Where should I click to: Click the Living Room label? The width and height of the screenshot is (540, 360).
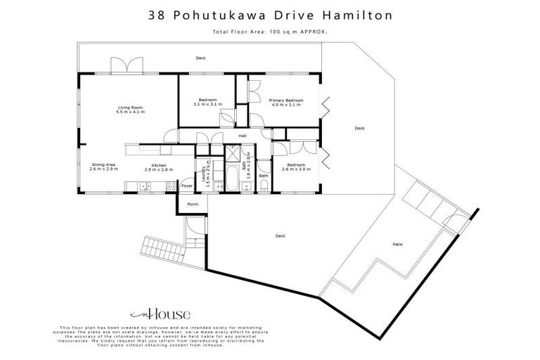(130, 108)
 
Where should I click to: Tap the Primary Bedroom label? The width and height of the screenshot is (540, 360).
(286, 101)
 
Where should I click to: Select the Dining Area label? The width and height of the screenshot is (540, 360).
(103, 165)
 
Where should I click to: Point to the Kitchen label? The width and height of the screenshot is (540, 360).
(158, 165)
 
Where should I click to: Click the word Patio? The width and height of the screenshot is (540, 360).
(397, 245)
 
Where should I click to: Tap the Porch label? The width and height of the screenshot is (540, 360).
(193, 204)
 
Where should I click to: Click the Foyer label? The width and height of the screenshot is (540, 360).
(187, 186)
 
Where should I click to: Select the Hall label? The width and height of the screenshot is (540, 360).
(243, 136)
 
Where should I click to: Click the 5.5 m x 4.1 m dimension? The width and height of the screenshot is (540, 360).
(130, 112)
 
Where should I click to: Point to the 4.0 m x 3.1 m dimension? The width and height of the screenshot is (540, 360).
(286, 105)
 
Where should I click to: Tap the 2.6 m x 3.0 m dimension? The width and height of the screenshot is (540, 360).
(295, 169)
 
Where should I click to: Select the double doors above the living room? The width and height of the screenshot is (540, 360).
(119, 65)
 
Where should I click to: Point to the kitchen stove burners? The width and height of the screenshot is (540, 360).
(169, 186)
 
